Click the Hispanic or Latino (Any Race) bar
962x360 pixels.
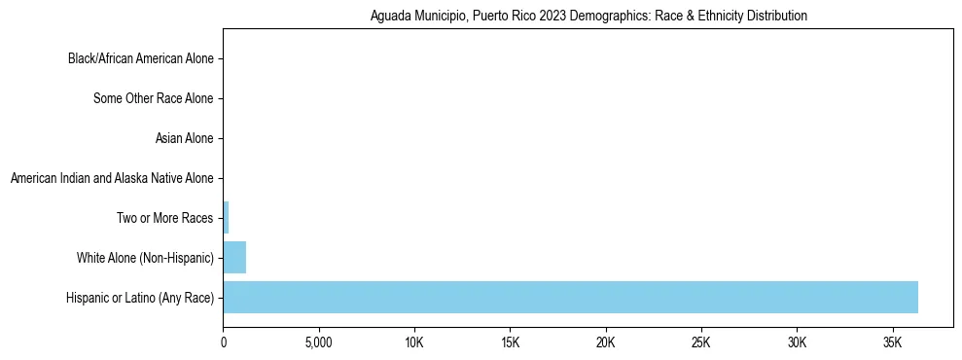(x=570, y=298)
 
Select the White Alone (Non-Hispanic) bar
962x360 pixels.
(x=234, y=258)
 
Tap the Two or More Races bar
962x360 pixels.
(x=226, y=218)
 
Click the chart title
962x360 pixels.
(x=588, y=17)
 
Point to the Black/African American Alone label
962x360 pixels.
(x=140, y=58)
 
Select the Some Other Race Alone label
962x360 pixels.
(x=153, y=98)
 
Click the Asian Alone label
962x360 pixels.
(x=184, y=138)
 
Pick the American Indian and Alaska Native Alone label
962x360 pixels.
(x=111, y=178)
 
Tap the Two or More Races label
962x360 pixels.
(x=163, y=218)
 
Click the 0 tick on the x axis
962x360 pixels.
(x=224, y=343)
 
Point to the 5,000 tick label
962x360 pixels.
(x=319, y=343)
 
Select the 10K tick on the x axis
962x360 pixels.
(x=414, y=343)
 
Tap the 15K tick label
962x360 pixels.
(x=511, y=343)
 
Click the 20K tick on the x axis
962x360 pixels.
(x=606, y=343)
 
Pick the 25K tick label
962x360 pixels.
(x=701, y=343)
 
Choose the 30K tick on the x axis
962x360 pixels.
(x=798, y=343)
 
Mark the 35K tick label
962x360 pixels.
(x=893, y=343)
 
